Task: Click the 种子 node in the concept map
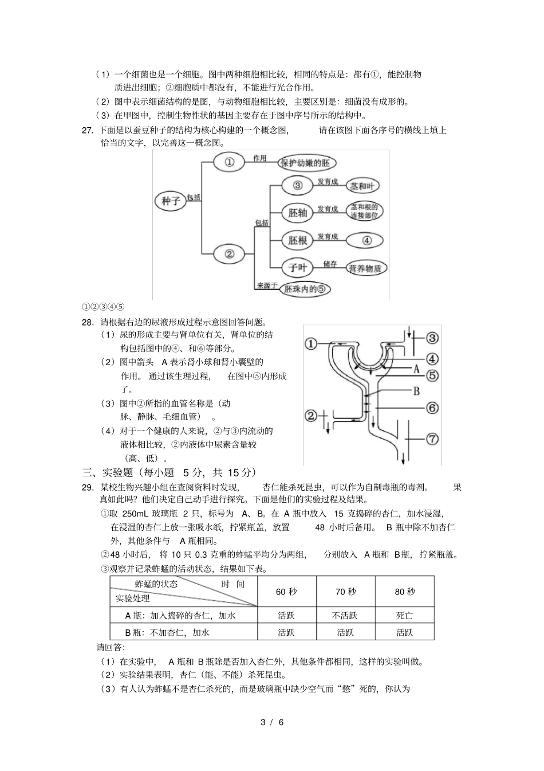click(x=171, y=200)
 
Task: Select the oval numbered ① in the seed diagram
click(x=229, y=162)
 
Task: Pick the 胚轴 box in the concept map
click(x=298, y=213)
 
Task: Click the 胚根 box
click(x=298, y=240)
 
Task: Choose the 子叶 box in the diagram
click(x=298, y=267)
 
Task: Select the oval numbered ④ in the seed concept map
click(x=367, y=240)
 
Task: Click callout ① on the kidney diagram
click(x=310, y=344)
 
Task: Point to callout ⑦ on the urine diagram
click(x=432, y=439)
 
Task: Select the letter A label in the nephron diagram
click(x=417, y=370)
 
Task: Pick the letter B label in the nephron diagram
click(x=417, y=391)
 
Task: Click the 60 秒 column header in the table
click(x=286, y=592)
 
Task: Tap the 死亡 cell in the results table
click(x=404, y=616)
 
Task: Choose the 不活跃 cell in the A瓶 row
click(x=345, y=616)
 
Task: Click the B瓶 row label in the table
click(x=167, y=633)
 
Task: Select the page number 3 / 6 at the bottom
click(x=272, y=722)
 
